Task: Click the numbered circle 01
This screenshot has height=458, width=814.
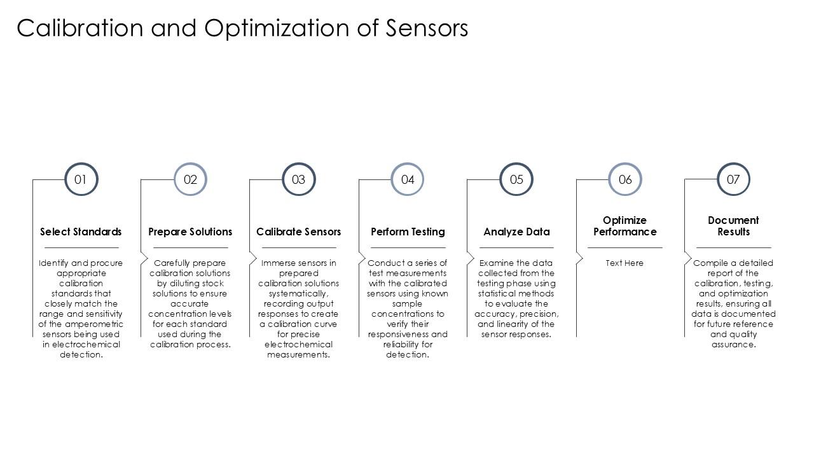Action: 81,179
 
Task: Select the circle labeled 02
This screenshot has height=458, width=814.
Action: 190,179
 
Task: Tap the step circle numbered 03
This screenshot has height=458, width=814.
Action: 298,179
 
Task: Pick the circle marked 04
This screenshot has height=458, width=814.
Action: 408,179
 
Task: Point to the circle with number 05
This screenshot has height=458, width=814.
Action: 516,179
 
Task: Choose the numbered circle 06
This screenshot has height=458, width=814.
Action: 625,179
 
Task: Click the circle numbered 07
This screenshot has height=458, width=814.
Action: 733,179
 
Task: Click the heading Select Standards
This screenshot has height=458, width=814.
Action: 81,232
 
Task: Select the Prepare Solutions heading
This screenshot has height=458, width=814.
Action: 190,232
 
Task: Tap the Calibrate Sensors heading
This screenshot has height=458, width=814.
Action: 298,232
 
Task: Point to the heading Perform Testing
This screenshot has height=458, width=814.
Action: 408,232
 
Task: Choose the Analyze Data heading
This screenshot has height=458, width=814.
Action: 516,232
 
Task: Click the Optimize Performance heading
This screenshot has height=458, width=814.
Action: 624,226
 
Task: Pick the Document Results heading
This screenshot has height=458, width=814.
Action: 733,226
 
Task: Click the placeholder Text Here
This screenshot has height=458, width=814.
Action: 624,263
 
